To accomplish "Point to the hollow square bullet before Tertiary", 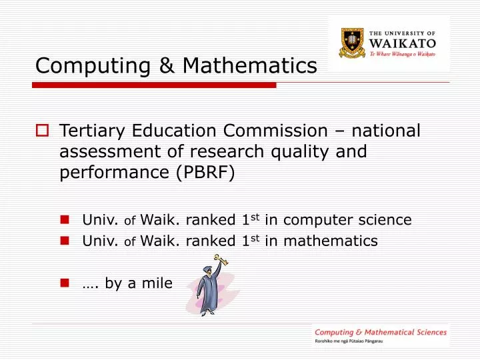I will (x=41, y=131).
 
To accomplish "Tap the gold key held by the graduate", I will (x=221, y=260).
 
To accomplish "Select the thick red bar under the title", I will (x=153, y=85).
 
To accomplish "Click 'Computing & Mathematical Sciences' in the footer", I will (x=381, y=332).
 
